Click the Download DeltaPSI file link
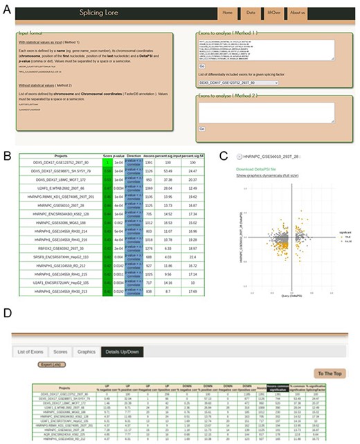(258, 169)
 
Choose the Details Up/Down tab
(123, 351)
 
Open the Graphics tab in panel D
(86, 351)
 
